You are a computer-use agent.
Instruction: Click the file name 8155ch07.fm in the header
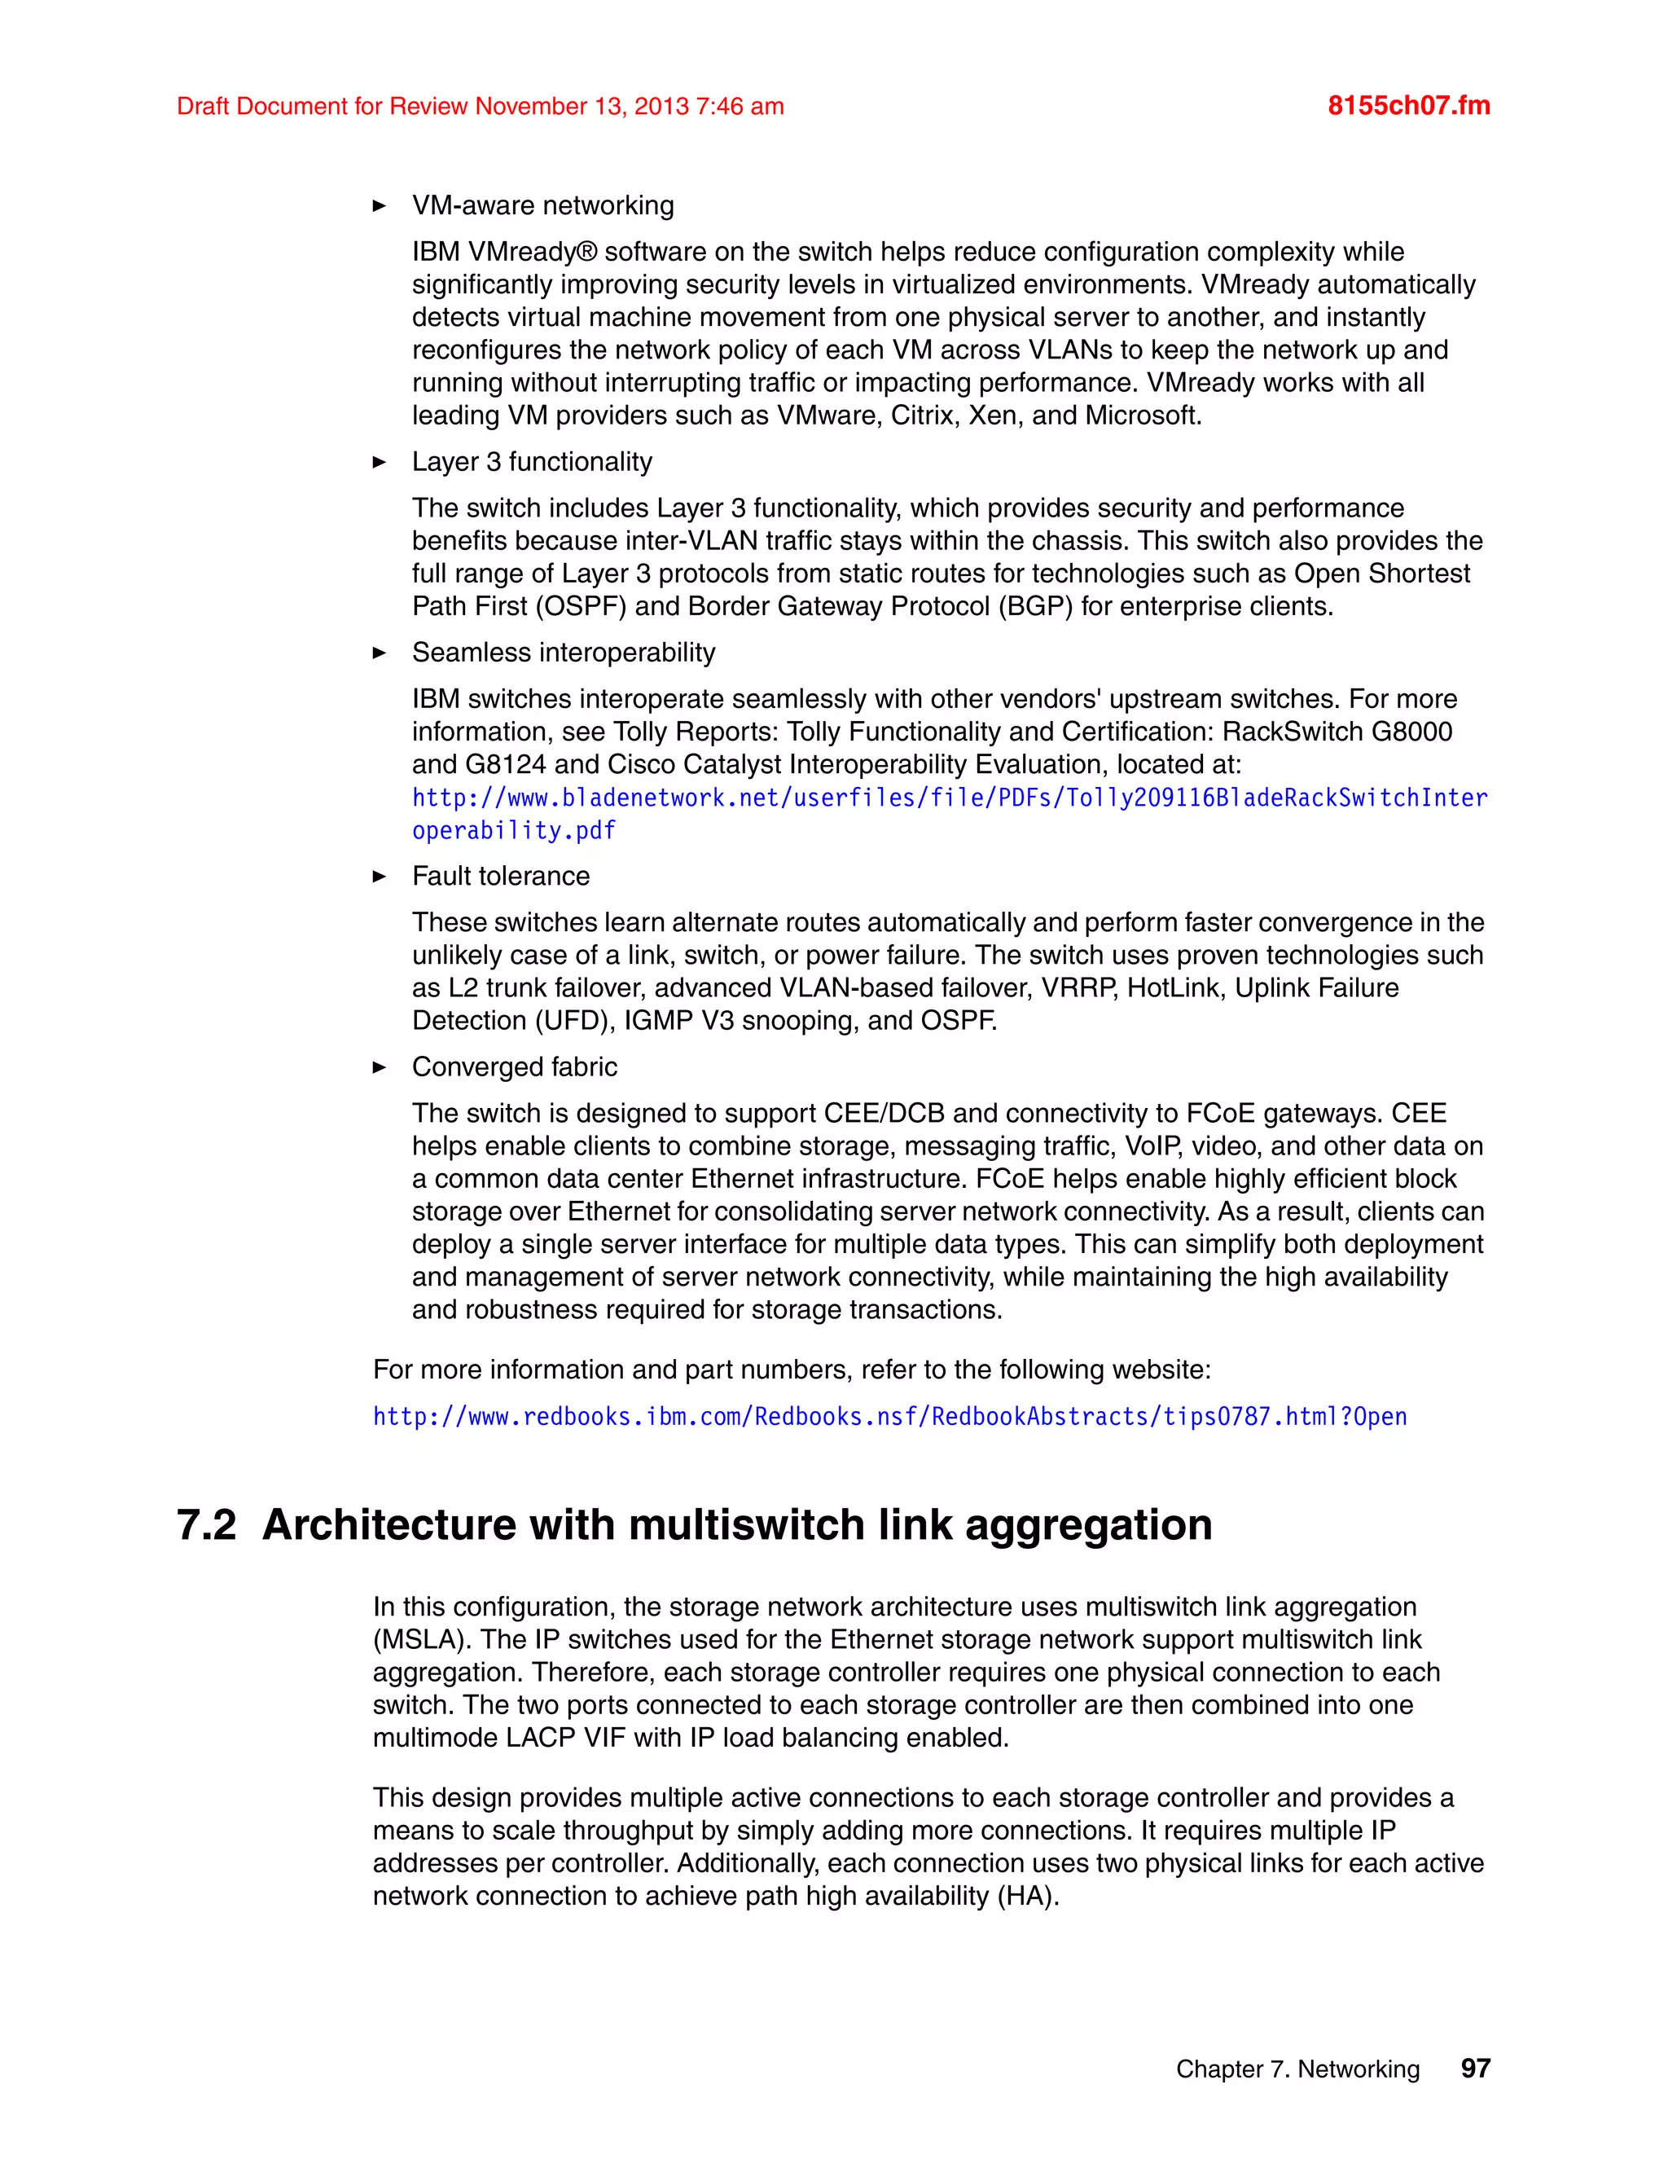click(1408, 106)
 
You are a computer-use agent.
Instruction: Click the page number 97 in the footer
click(1475, 2068)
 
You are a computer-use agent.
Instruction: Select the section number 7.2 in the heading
click(207, 1524)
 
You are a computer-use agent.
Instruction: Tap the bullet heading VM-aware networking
click(542, 205)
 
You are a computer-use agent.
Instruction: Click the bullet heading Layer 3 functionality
click(532, 462)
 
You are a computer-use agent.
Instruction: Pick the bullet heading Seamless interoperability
click(564, 653)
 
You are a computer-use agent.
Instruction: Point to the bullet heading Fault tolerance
click(500, 876)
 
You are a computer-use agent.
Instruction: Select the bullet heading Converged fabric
click(514, 1066)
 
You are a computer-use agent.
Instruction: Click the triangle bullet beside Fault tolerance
click(380, 877)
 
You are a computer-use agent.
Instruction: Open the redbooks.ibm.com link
click(889, 1417)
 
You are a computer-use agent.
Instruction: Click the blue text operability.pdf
click(514, 830)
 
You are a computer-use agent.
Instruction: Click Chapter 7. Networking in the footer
click(1297, 2069)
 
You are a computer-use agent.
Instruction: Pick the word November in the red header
click(531, 107)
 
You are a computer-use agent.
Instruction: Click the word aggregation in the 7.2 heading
click(1088, 1524)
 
